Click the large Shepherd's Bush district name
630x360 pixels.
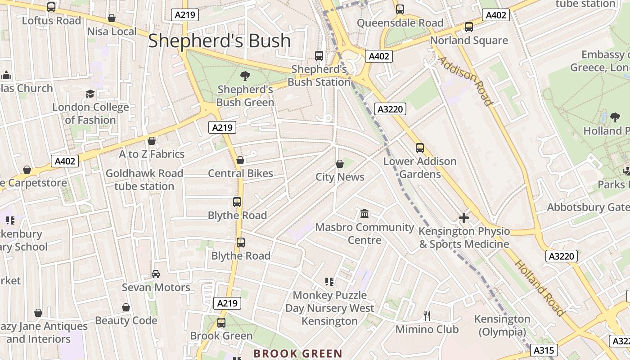coord(220,40)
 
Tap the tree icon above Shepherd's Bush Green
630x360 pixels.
coord(245,76)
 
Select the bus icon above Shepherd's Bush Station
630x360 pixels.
coord(319,56)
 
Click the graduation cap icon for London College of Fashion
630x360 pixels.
coord(90,94)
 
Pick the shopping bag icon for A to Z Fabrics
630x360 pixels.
coord(152,141)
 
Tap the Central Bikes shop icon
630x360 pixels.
coord(240,160)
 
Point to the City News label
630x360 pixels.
coord(340,177)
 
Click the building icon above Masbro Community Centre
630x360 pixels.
coord(364,213)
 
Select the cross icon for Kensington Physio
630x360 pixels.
coord(463,218)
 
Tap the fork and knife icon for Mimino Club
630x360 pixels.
coord(427,316)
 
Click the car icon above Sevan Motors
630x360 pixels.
coord(156,274)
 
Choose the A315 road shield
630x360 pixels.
coord(544,350)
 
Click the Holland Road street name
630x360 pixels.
coord(539,288)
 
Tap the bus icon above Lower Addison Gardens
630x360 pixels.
coord(420,148)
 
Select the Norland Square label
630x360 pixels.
coord(469,40)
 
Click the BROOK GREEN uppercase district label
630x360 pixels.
coord(298,354)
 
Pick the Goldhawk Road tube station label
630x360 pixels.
coord(144,180)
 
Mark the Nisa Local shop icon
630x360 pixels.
coord(111,18)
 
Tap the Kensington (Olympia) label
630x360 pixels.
coord(502,325)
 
